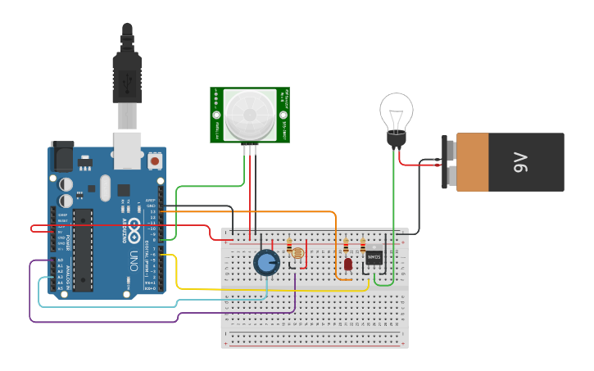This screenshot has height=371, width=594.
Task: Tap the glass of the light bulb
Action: pos(396,111)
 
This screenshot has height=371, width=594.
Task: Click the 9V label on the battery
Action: pos(519,163)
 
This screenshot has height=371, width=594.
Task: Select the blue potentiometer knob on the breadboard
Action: pos(266,262)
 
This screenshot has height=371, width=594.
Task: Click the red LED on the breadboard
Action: pos(348,265)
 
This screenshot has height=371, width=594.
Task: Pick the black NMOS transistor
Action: pos(374,256)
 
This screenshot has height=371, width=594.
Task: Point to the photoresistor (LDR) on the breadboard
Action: pos(297,253)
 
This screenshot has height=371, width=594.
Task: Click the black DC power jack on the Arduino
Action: pos(62,156)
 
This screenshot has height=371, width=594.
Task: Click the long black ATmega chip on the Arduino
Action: pos(82,250)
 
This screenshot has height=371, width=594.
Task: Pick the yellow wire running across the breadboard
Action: pos(246,289)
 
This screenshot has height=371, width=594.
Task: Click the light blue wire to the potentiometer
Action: pos(164,305)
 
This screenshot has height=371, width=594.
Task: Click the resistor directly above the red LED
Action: pos(347,245)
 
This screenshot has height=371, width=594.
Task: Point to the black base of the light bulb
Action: pos(396,140)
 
